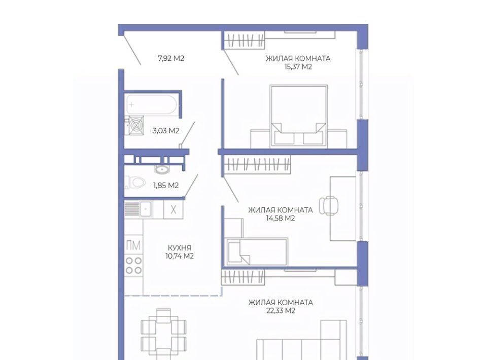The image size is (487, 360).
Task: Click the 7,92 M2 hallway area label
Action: coord(171,58)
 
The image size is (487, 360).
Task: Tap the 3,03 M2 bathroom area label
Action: coord(166,131)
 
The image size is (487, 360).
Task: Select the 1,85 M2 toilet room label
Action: coord(166,185)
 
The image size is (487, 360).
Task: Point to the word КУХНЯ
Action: coord(180,247)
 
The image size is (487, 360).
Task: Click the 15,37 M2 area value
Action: coord(298,67)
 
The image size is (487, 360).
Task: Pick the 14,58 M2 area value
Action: coord(281,218)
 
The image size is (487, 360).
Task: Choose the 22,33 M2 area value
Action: coord(281,311)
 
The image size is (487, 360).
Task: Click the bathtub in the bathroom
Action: coord(151,105)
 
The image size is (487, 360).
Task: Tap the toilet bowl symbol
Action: coord(135,182)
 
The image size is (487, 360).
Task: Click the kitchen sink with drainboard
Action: coord(138,209)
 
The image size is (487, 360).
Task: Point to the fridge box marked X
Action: coord(173,209)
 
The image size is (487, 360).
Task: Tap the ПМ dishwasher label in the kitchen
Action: coord(133,245)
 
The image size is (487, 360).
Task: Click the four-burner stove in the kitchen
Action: coord(133,265)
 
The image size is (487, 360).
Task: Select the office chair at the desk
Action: coord(329,205)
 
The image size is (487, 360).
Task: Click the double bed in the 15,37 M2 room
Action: coord(298,116)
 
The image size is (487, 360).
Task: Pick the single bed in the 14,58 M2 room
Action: coord(257,251)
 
